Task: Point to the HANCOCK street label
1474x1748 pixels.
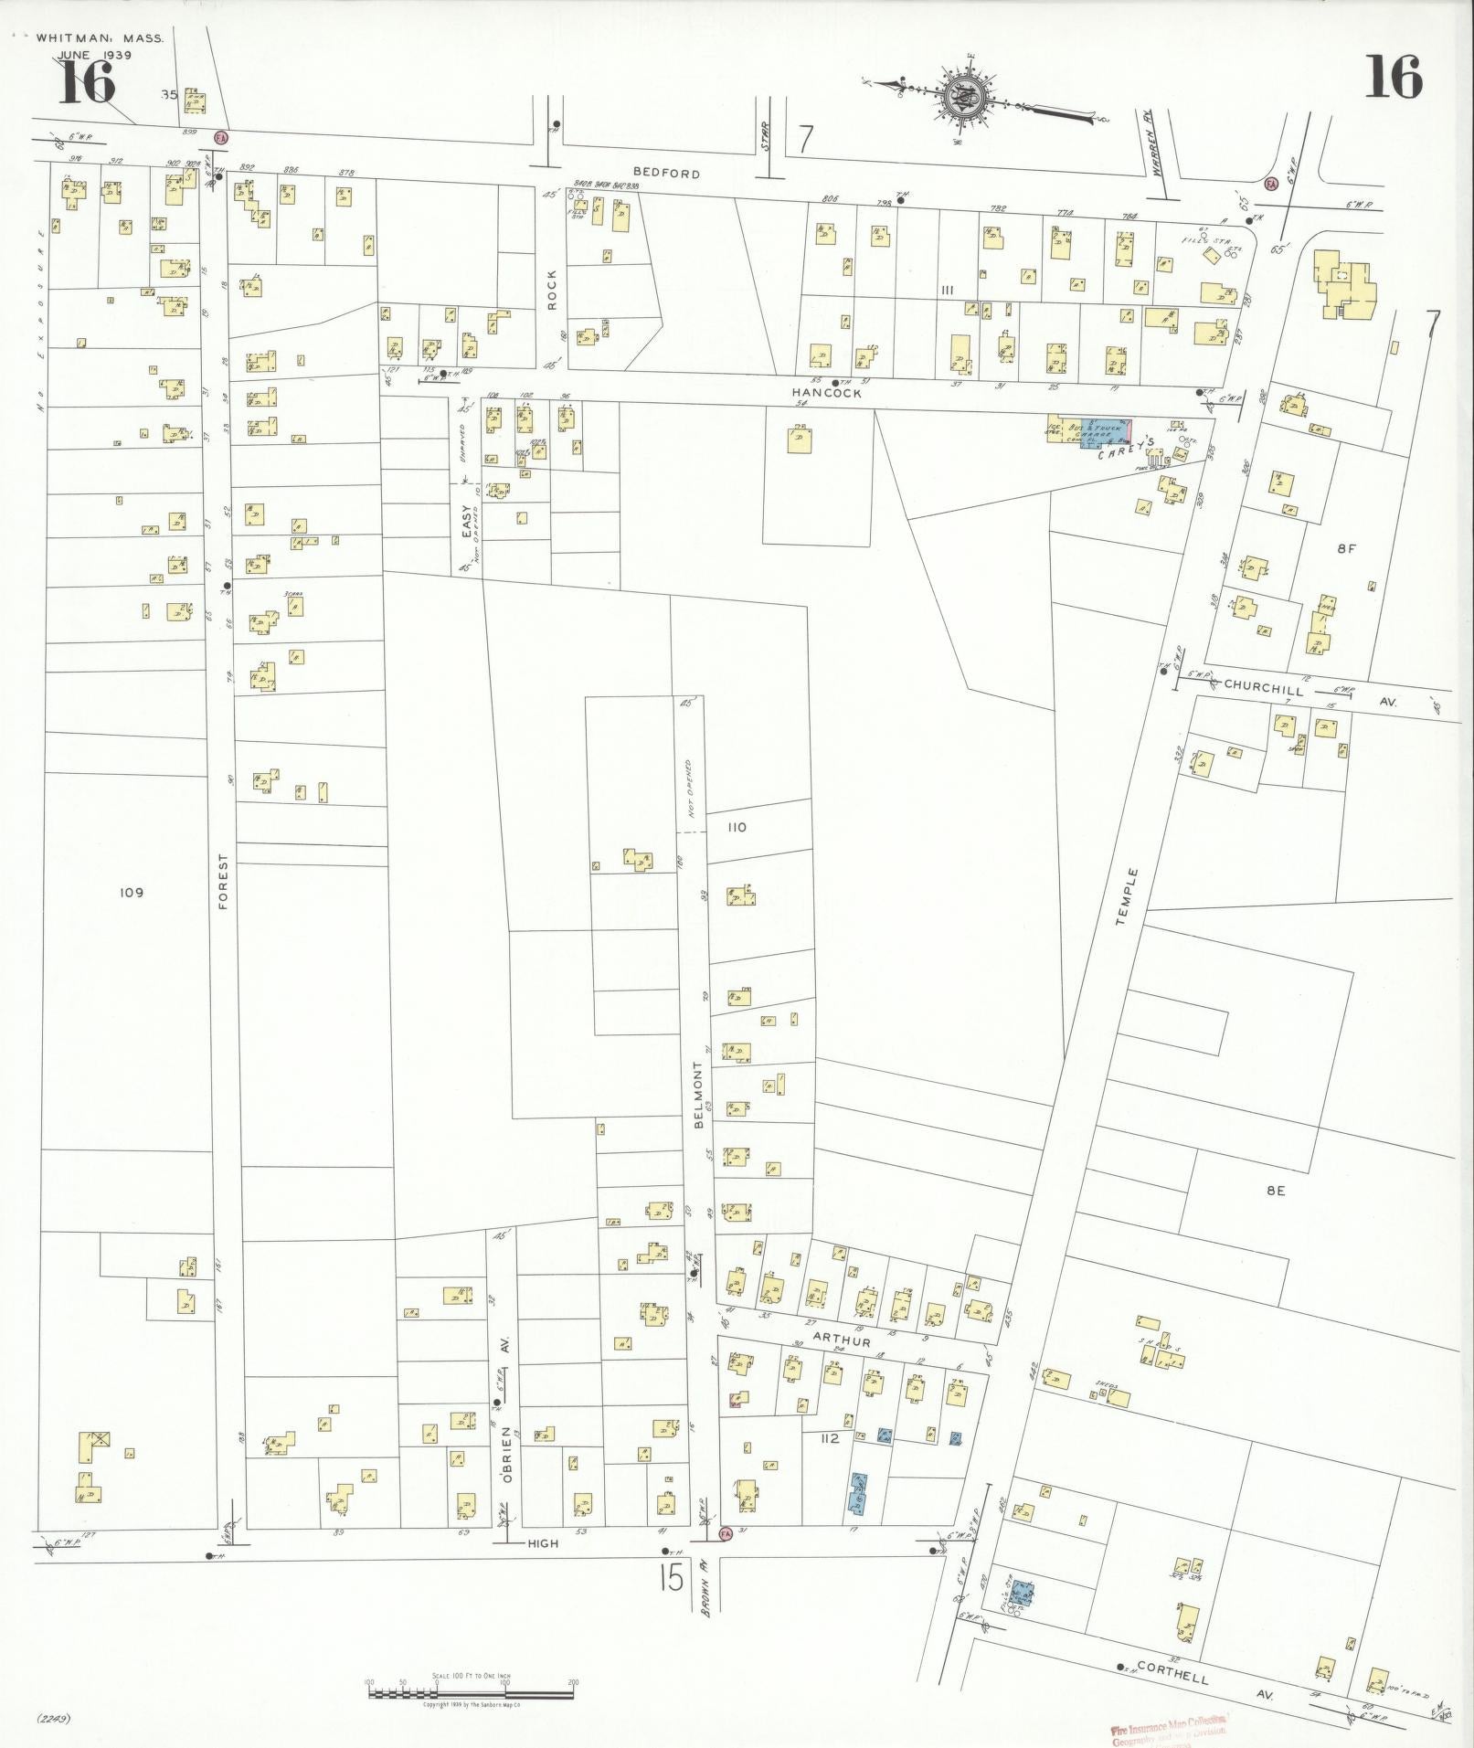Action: click(x=826, y=392)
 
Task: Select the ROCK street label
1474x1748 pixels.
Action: click(x=552, y=290)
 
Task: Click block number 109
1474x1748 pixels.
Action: click(x=131, y=892)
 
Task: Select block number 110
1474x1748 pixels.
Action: click(x=737, y=827)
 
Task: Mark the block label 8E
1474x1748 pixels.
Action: click(x=1276, y=1191)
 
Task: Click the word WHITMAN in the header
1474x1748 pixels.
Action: click(x=69, y=38)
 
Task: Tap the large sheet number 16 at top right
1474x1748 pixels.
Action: click(x=1394, y=78)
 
